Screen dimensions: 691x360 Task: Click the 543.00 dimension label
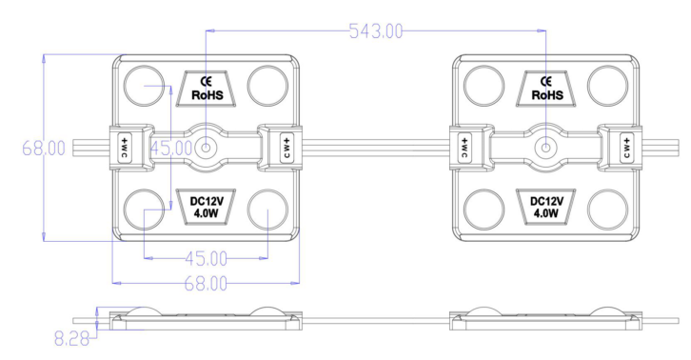(376, 31)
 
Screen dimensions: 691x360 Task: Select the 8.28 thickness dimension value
(71, 338)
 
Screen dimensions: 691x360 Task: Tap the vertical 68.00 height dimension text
(44, 149)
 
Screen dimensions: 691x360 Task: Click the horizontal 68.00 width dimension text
(206, 284)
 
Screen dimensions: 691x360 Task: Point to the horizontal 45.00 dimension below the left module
(206, 258)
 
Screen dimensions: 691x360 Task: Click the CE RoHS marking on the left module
(207, 89)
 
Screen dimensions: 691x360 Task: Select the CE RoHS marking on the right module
(546, 89)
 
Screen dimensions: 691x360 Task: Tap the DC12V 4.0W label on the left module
(207, 208)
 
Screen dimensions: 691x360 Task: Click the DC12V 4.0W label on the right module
(546, 208)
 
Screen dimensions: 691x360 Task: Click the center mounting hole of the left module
(206, 148)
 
